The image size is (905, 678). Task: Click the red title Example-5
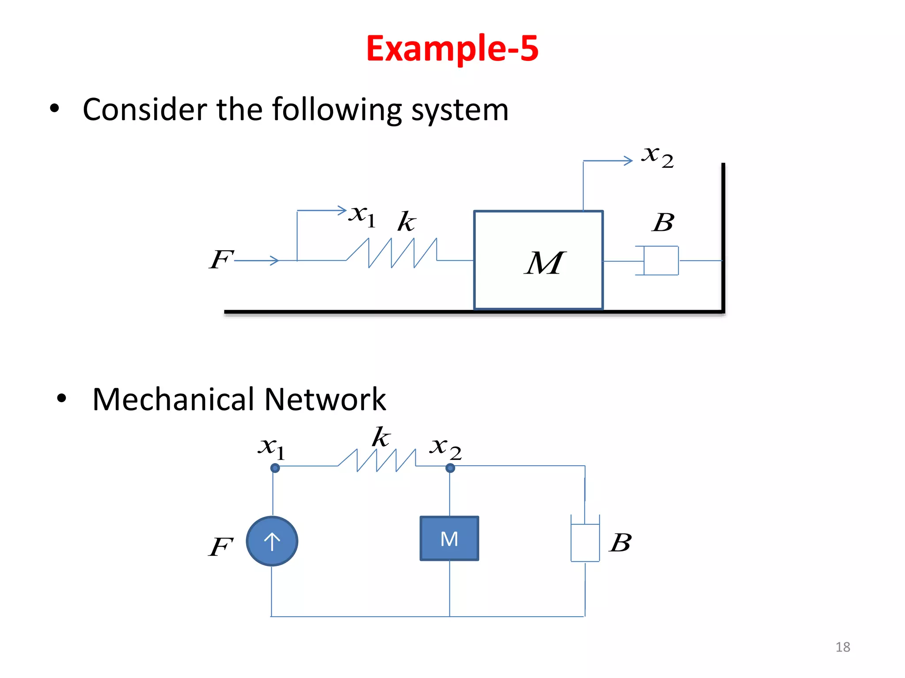pyautogui.click(x=452, y=49)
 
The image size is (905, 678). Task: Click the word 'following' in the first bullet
pyautogui.click(x=337, y=110)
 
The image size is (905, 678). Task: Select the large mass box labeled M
pyautogui.click(x=538, y=260)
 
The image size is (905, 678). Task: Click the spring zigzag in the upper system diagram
pyautogui.click(x=391, y=253)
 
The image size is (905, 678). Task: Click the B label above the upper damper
pyautogui.click(x=663, y=222)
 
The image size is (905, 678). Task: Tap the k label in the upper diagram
pyautogui.click(x=406, y=221)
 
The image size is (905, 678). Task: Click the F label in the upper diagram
pyautogui.click(x=221, y=259)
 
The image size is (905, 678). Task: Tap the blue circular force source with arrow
pyautogui.click(x=272, y=541)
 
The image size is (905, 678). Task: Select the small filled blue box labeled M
pyautogui.click(x=449, y=539)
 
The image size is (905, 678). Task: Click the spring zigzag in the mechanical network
pyautogui.click(x=377, y=461)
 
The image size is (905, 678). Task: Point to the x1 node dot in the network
pyautogui.click(x=275, y=468)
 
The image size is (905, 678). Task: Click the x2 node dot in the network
pyautogui.click(x=450, y=468)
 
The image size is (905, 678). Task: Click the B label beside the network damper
pyautogui.click(x=620, y=542)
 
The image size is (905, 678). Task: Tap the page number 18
pyautogui.click(x=842, y=647)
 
